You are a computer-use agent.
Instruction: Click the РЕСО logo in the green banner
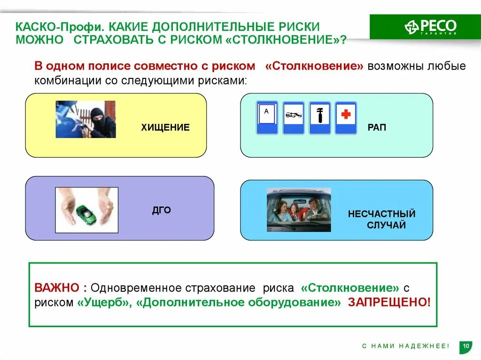pyautogui.click(x=430, y=26)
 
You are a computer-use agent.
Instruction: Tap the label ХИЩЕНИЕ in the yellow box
pyautogui.click(x=165, y=127)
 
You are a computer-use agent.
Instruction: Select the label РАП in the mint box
pyautogui.click(x=377, y=127)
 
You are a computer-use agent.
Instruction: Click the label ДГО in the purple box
pyautogui.click(x=161, y=211)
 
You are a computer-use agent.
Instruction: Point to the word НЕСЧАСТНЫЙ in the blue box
pyautogui.click(x=381, y=214)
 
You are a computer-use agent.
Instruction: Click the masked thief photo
pyautogui.click(x=85, y=119)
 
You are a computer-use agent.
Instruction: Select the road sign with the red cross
pyautogui.click(x=346, y=118)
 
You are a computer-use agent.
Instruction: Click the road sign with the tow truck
pyautogui.click(x=293, y=118)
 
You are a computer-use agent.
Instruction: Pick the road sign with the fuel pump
pyautogui.click(x=319, y=118)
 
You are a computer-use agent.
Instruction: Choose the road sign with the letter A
pyautogui.click(x=267, y=118)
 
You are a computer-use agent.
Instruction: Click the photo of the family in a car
pyautogui.click(x=299, y=210)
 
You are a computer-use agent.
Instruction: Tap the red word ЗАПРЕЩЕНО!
pyautogui.click(x=389, y=302)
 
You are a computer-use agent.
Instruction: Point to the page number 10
pyautogui.click(x=466, y=346)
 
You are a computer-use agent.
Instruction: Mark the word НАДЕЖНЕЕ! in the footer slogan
pyautogui.click(x=424, y=346)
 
